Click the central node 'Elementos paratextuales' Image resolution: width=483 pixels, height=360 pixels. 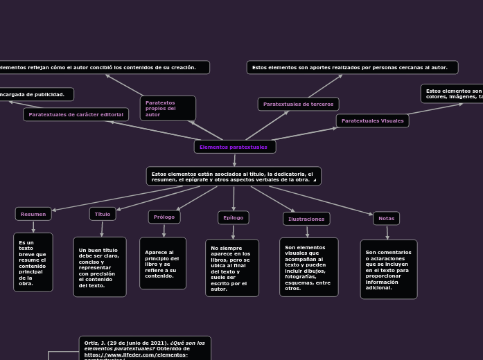[234, 147]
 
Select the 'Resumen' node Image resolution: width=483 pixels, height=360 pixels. [33, 214]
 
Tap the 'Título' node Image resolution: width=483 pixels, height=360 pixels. [103, 214]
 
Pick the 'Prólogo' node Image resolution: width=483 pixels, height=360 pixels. [164, 217]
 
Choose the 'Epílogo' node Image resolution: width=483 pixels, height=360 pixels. [234, 217]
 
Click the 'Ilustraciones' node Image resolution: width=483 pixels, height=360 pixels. [306, 219]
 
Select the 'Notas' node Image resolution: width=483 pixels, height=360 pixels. [386, 218]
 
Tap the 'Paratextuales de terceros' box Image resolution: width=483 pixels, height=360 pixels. [298, 104]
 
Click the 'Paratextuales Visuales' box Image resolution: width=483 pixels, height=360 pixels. [372, 120]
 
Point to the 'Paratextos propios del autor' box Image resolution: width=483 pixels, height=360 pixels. [168, 108]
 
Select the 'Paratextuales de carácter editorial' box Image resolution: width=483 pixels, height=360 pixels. [76, 114]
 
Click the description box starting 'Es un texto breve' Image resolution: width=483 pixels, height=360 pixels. [33, 262]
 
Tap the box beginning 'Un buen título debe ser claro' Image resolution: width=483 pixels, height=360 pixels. [100, 267]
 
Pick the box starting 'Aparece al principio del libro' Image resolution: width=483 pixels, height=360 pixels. [163, 264]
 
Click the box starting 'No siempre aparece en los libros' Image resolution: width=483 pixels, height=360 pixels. [232, 268]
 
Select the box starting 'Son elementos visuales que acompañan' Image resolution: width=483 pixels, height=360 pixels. [309, 267]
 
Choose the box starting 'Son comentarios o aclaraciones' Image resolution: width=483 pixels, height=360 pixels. [389, 269]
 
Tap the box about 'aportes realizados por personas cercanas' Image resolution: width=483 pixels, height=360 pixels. [352, 67]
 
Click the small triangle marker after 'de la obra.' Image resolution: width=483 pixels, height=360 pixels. [315, 180]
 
